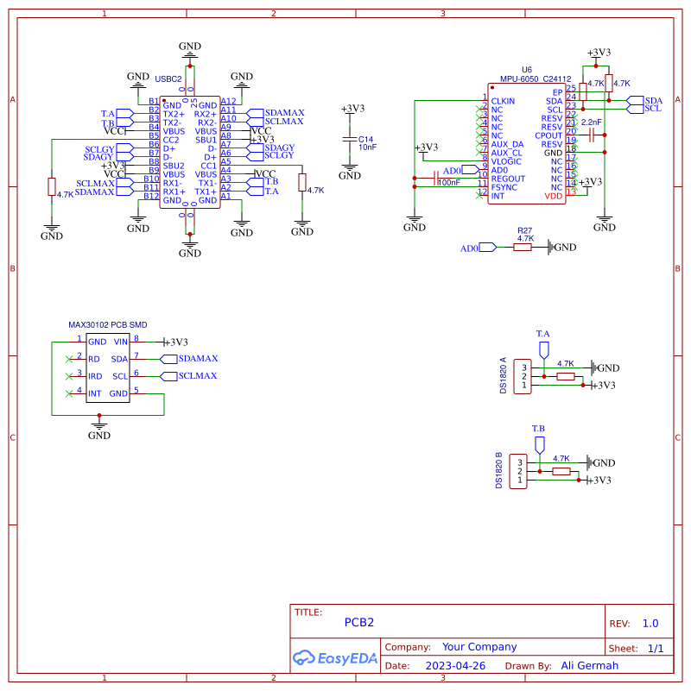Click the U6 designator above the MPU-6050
[x=527, y=70]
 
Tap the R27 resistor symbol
[x=523, y=247]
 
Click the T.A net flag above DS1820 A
[x=543, y=348]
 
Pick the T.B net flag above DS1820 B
[x=539, y=443]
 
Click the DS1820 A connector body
[x=521, y=376]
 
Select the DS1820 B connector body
[x=519, y=471]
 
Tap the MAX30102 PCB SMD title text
[x=107, y=325]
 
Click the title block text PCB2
[x=359, y=621]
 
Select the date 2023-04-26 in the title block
[x=455, y=666]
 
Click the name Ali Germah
[x=590, y=666]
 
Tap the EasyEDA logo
[x=335, y=657]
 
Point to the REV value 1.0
[x=650, y=623]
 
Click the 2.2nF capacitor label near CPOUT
[x=591, y=122]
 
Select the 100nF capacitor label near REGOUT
[x=448, y=183]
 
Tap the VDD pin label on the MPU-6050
[x=554, y=196]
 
